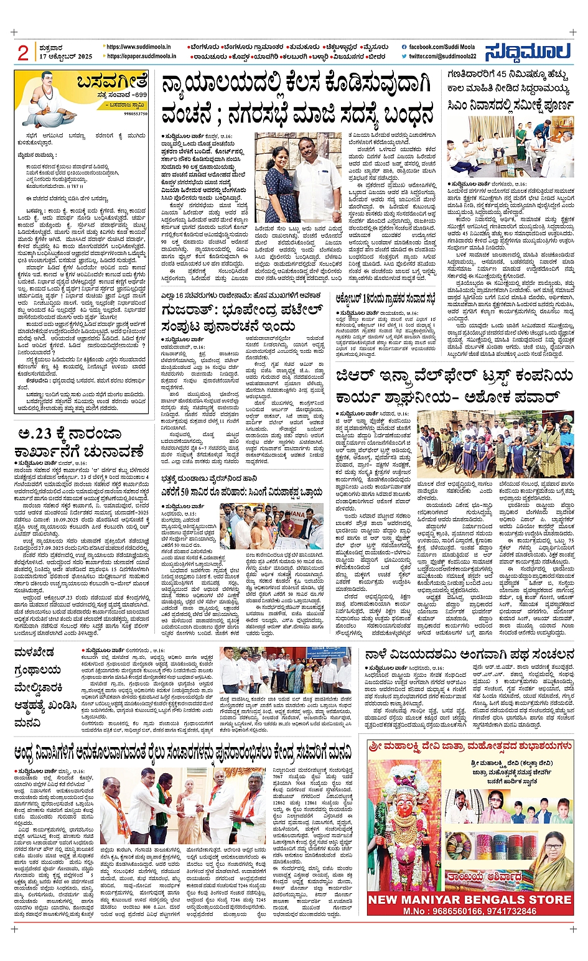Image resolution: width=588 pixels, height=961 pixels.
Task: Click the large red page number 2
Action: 23,53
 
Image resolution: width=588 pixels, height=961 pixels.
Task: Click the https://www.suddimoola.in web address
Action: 141,47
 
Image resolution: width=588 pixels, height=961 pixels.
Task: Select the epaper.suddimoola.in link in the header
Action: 141,56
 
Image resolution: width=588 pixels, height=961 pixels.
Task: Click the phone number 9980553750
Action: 136,114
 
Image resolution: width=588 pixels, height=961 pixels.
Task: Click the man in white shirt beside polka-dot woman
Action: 318,180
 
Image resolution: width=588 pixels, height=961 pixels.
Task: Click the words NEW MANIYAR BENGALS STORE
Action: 470,899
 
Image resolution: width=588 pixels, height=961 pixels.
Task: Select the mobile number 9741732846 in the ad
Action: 506,911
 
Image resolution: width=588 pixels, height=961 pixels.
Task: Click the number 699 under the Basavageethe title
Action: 137,94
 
